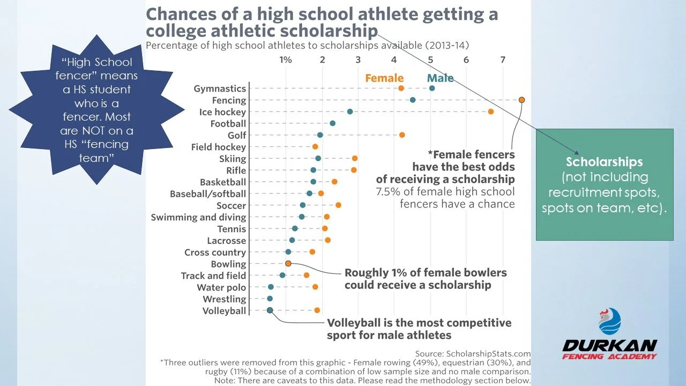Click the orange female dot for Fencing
coord(521,100)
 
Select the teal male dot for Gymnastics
coord(432,88)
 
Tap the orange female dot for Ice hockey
coord(490,112)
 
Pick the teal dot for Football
coord(333,123)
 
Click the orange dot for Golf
coord(402,135)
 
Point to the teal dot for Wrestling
coord(270,299)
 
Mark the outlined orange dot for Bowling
coord(288,263)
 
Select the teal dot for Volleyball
coord(270,310)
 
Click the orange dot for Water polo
coord(315,287)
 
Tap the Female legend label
coord(384,78)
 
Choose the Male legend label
coord(440,78)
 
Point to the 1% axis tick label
coord(286,60)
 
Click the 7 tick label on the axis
coord(503,60)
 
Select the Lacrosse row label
coord(226,241)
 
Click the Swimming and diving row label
coord(198,218)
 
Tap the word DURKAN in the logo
coord(610,346)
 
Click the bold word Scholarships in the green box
coord(604,162)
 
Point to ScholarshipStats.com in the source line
coord(488,354)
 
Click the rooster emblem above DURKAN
coord(610,321)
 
